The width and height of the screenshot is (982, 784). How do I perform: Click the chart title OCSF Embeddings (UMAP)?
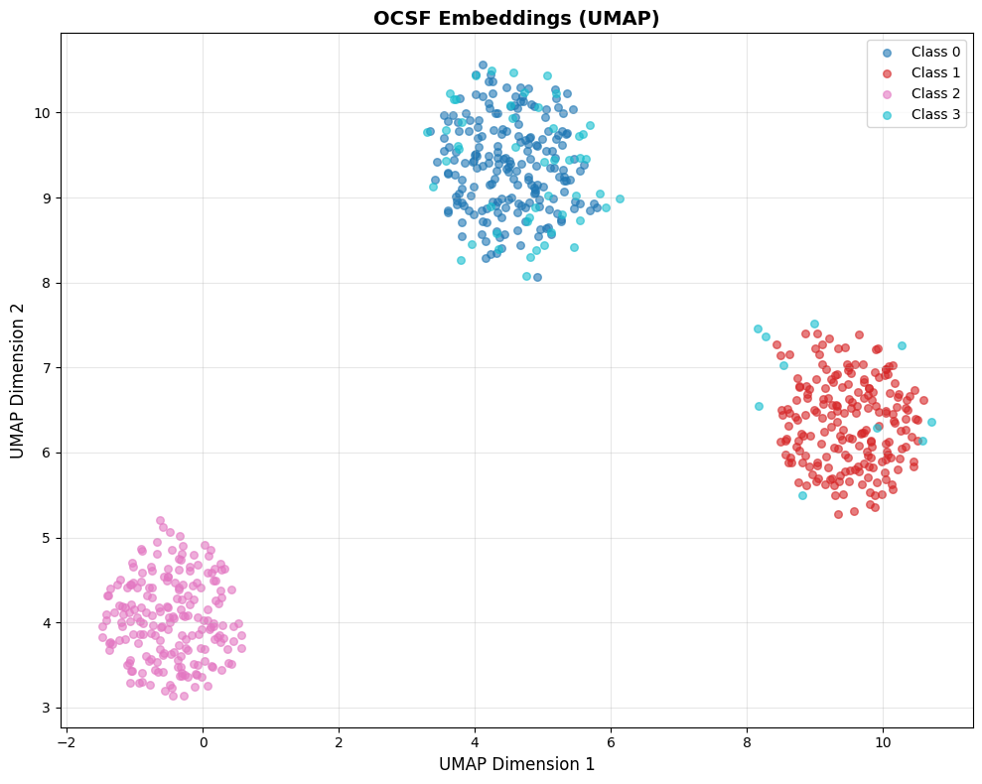516,18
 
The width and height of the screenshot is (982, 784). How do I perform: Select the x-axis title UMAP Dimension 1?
516,764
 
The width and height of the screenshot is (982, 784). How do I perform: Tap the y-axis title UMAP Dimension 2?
18,381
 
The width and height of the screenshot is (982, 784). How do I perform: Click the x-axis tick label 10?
883,741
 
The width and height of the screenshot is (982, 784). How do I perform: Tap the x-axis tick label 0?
203,741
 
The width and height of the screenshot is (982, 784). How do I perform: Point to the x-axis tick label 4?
475,741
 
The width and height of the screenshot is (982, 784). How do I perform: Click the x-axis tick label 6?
611,741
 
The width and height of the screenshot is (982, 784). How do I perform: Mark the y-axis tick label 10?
42,112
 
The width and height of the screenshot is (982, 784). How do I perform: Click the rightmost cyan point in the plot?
931,422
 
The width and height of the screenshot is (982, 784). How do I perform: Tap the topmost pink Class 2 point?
160,520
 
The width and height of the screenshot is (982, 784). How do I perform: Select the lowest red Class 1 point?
838,514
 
